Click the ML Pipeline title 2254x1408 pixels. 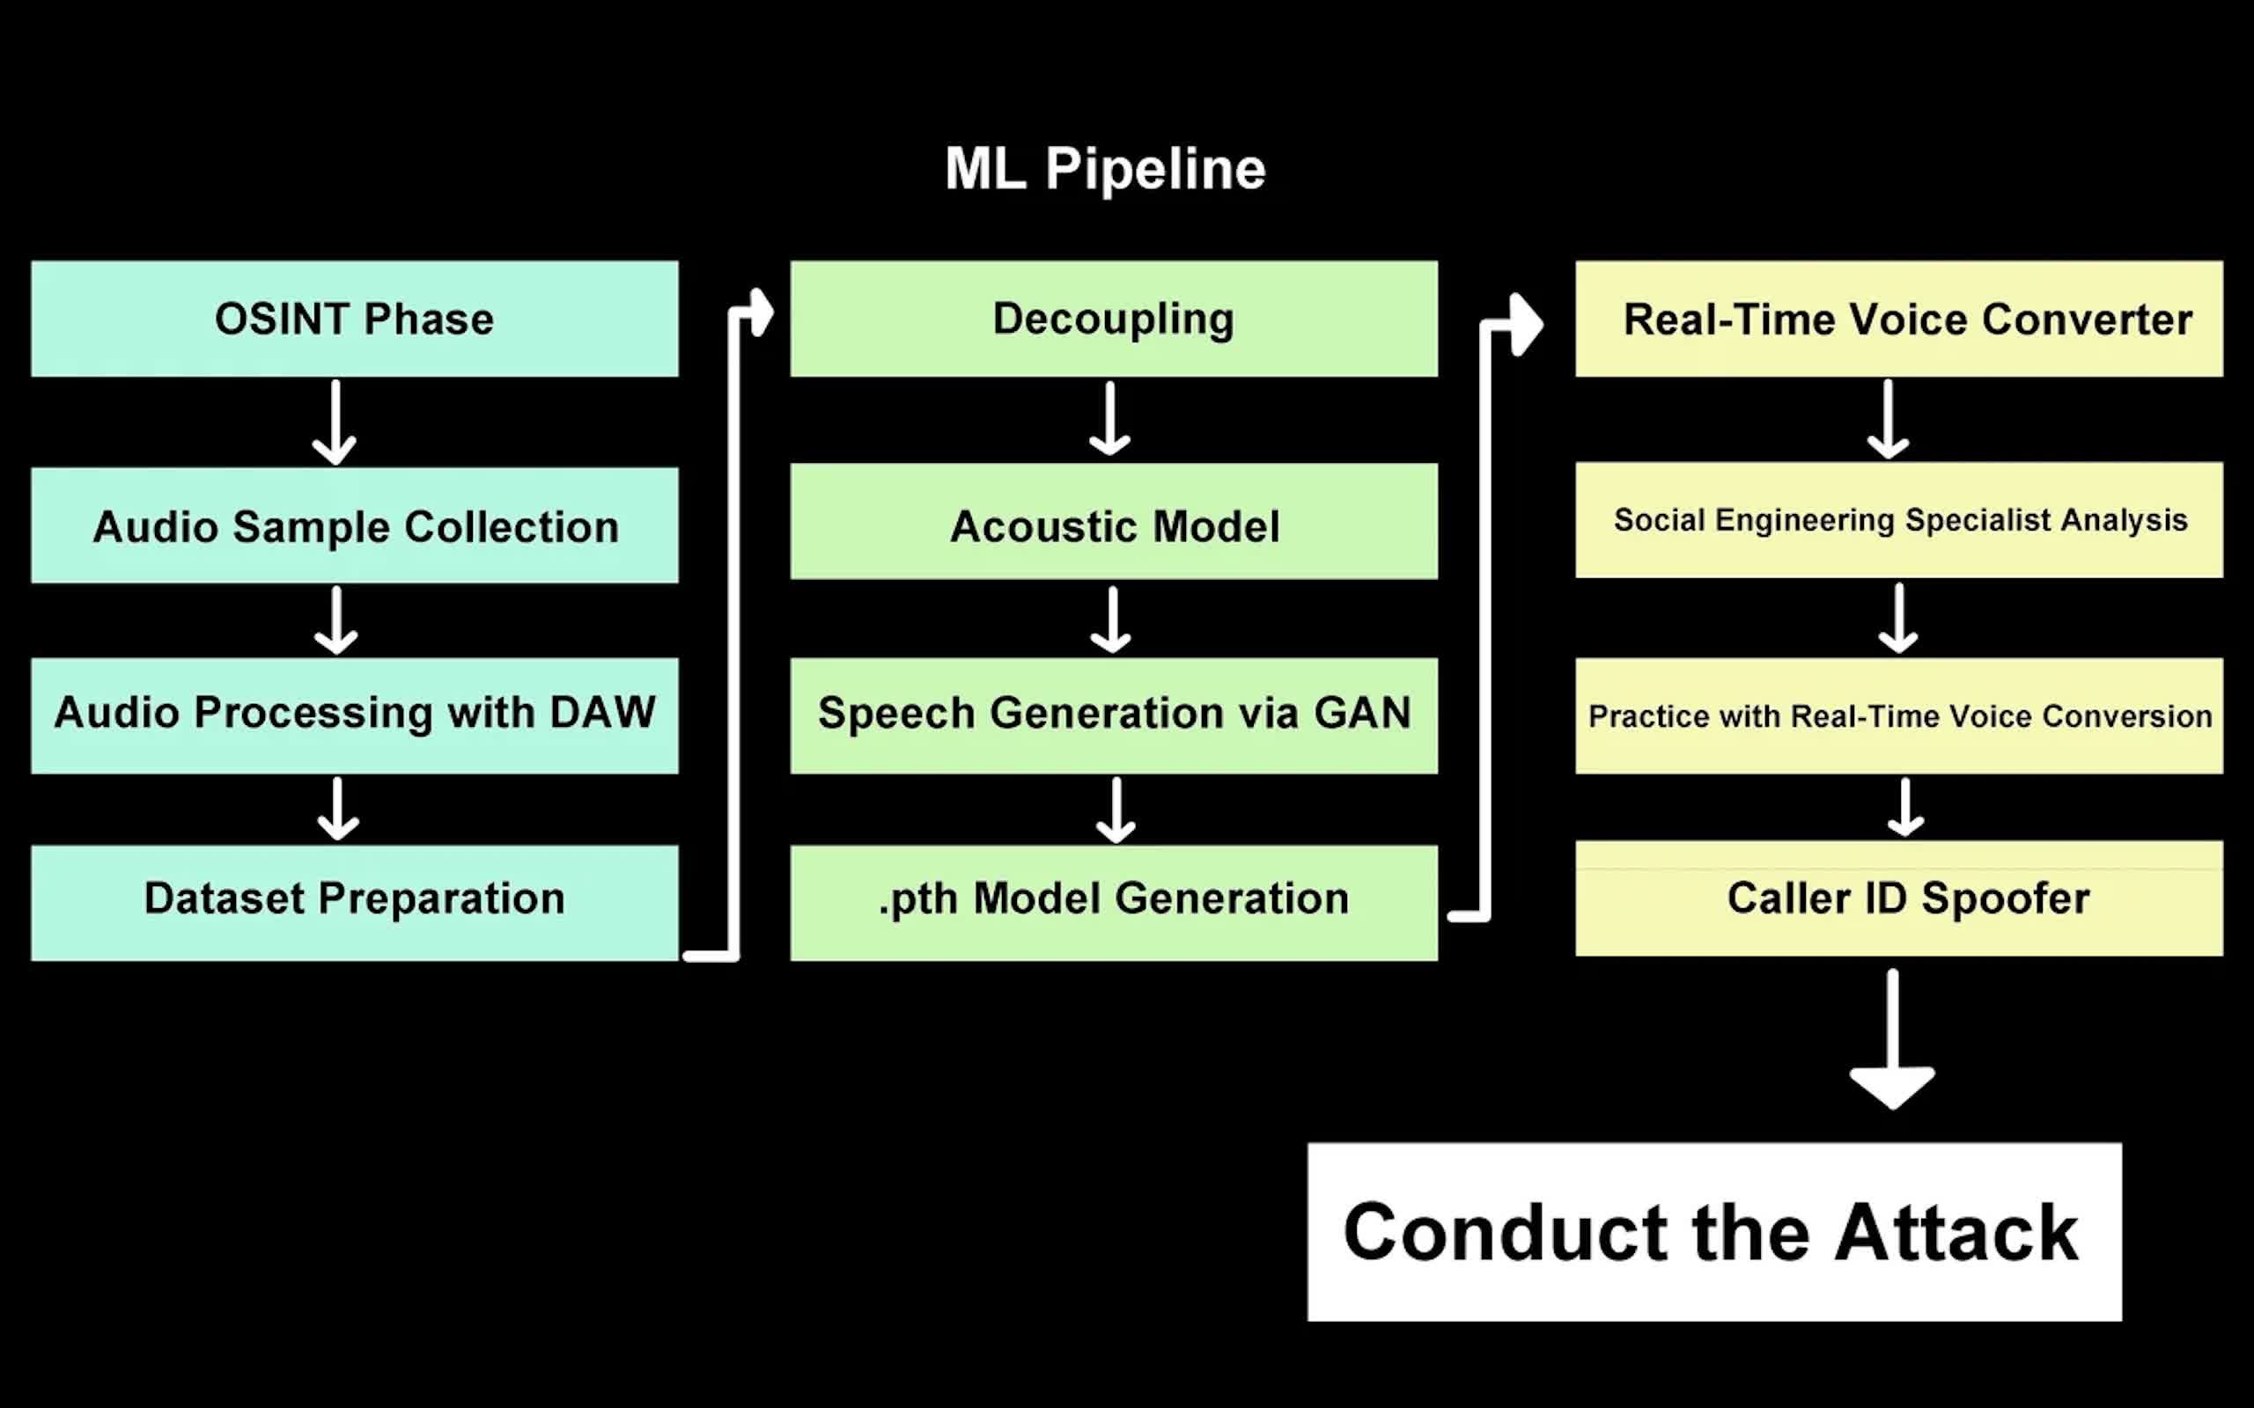tap(1106, 170)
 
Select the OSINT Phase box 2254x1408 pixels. tap(354, 319)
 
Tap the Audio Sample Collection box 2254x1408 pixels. tap(354, 525)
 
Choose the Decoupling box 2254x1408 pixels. tap(1114, 319)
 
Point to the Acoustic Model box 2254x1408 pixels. tap(1114, 524)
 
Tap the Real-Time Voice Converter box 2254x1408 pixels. tap(1898, 319)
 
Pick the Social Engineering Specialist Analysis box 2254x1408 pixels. tap(1898, 519)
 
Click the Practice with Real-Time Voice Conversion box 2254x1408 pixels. tap(1898, 715)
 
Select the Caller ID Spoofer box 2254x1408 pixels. tap(1898, 898)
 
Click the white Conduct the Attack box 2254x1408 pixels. tap(1713, 1231)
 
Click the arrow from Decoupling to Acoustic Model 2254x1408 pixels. tap(1110, 419)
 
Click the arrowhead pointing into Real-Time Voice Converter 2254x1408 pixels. tap(1526, 324)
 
